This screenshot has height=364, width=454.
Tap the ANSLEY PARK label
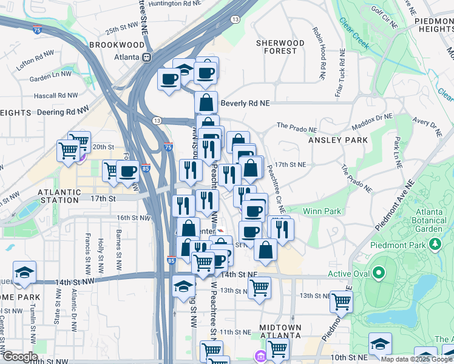click(338, 140)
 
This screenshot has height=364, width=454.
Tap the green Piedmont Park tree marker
click(435, 244)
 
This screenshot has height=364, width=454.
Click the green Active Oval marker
click(379, 274)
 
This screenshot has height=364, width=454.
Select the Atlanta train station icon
click(146, 58)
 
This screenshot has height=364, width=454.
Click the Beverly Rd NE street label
click(245, 104)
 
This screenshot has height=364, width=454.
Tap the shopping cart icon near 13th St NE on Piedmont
click(342, 300)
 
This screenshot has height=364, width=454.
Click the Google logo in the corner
click(19, 357)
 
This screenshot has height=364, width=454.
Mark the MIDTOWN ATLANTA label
click(280, 332)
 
